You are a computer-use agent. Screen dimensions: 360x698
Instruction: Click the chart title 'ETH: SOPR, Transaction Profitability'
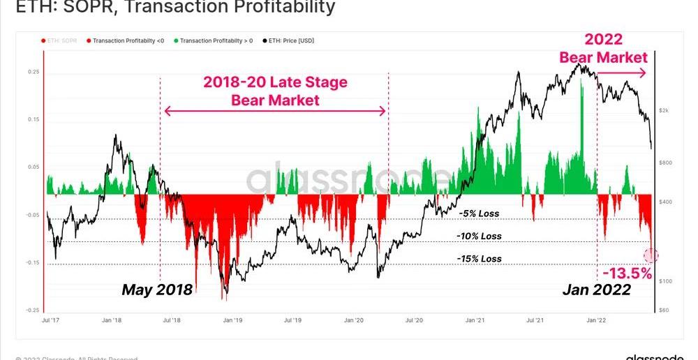point(168,8)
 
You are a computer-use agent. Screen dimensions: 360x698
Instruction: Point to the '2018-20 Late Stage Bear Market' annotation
point(275,91)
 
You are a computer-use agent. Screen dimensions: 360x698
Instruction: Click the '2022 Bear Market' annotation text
point(603,48)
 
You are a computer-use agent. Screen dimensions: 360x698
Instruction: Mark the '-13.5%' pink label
point(627,273)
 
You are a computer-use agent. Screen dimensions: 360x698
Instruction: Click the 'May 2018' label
point(157,290)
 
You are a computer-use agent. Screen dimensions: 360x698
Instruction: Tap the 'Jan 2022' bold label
point(597,290)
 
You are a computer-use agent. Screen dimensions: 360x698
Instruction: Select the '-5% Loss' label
point(479,213)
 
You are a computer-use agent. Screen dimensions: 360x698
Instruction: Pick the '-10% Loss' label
point(479,237)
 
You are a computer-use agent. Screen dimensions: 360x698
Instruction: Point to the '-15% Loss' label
point(479,259)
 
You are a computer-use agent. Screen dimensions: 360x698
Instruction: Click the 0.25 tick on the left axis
point(34,72)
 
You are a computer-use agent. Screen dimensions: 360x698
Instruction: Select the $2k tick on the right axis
point(664,111)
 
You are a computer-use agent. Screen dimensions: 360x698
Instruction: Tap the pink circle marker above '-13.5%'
point(651,255)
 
